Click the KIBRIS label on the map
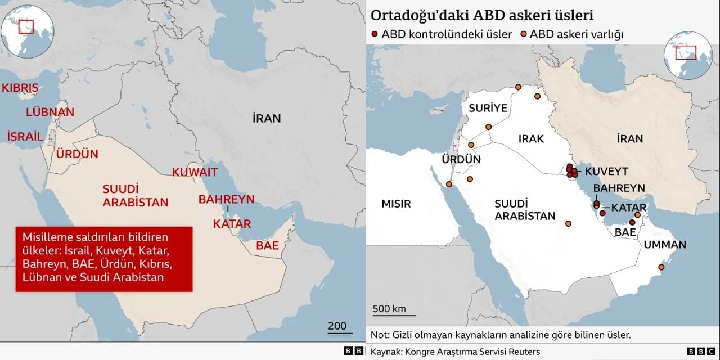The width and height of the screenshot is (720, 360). (x=20, y=88)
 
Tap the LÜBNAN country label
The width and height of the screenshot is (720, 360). (x=50, y=112)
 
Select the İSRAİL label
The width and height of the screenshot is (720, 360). (x=25, y=136)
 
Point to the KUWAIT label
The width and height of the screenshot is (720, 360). (x=195, y=172)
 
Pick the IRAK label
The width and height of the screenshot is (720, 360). (x=531, y=138)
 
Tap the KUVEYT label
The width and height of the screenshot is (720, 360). (x=606, y=171)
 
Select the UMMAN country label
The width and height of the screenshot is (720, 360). (x=665, y=245)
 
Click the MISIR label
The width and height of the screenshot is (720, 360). (x=396, y=204)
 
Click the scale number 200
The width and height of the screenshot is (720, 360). (x=337, y=326)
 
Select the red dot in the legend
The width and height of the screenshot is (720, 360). (x=375, y=35)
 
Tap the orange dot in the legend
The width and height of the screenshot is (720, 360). (x=524, y=35)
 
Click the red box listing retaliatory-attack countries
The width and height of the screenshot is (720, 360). (x=103, y=259)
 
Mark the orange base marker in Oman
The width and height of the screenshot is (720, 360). (x=661, y=267)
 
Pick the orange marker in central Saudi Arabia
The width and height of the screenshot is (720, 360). (x=568, y=224)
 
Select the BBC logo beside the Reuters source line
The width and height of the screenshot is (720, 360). (x=701, y=352)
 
